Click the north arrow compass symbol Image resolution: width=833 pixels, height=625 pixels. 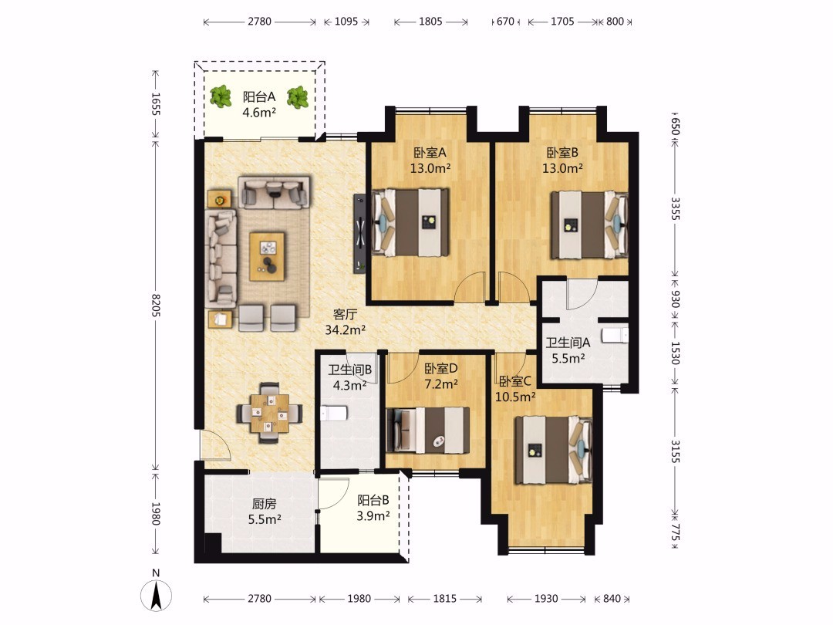point(156,595)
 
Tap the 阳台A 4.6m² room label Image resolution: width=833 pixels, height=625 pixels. point(259,105)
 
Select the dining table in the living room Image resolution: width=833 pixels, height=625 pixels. point(270,413)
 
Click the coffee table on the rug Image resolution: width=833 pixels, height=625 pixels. point(267,255)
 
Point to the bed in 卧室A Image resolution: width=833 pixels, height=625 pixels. point(410,221)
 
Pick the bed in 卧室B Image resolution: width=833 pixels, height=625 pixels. point(589,225)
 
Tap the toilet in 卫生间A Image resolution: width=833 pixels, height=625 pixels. point(615,336)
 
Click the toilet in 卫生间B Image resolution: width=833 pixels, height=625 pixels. point(334,413)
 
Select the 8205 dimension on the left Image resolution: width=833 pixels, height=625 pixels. point(156,306)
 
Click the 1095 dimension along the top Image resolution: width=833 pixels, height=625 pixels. point(346,22)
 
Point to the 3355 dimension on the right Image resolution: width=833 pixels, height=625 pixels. point(675,209)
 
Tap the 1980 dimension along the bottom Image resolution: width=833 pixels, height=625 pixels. point(359,599)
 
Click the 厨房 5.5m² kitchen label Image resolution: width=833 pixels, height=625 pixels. point(264,512)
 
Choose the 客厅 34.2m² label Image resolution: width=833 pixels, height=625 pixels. point(345,323)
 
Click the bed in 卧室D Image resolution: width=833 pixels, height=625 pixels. point(427,430)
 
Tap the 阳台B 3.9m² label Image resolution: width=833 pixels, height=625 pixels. point(373,508)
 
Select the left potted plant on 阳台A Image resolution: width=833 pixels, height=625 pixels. point(220,96)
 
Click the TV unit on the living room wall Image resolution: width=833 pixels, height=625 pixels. point(359,234)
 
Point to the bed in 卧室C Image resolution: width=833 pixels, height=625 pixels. point(554,450)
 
